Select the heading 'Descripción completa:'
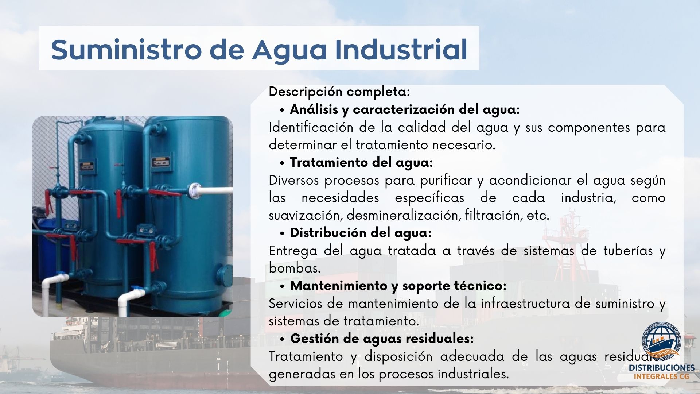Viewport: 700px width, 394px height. pyautogui.click(x=339, y=92)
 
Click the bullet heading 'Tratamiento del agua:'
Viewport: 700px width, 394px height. pyautogui.click(x=361, y=162)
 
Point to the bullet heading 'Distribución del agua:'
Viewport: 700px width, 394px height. pyautogui.click(x=361, y=233)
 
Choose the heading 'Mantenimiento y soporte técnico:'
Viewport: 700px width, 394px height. pyautogui.click(x=398, y=286)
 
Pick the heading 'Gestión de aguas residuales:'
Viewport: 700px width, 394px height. pyautogui.click(x=382, y=339)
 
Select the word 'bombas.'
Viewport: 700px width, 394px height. pyautogui.click(x=295, y=268)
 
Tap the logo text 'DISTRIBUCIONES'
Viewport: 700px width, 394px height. pyautogui.click(x=662, y=368)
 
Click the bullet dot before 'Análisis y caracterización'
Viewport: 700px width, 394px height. pyautogui.click(x=282, y=110)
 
